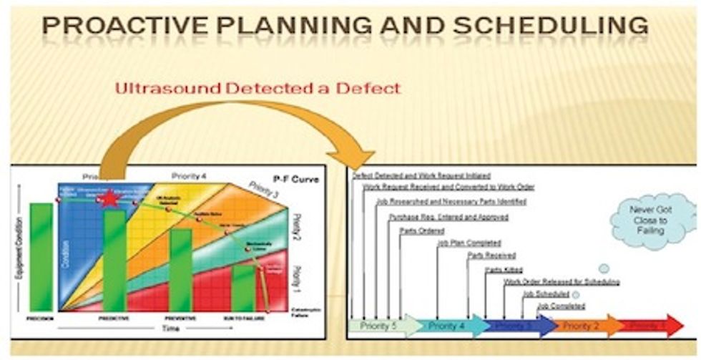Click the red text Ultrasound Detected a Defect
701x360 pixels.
pos(258,89)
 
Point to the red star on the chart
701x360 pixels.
pos(109,198)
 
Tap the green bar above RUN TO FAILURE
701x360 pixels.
pos(243,286)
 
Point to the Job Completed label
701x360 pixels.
pos(560,306)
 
